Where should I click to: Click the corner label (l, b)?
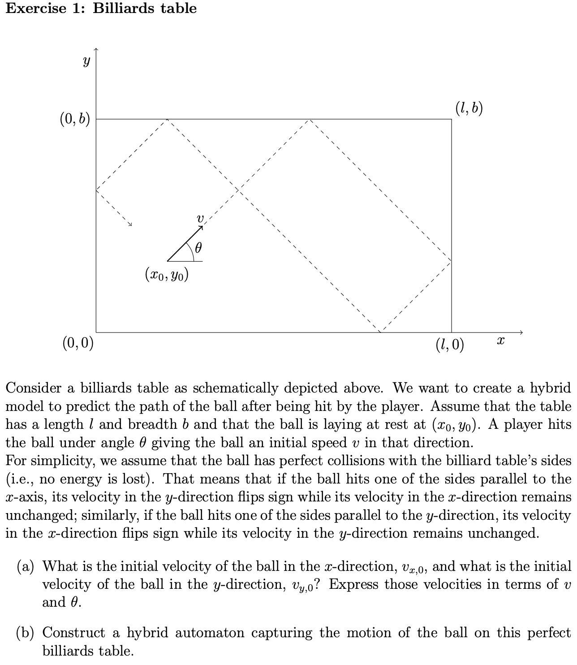[469, 108]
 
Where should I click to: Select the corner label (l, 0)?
[450, 345]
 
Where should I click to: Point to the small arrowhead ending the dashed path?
[130, 224]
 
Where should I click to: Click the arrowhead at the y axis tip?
[96, 49]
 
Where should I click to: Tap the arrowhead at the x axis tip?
[521, 332]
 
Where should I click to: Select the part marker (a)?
[26, 566]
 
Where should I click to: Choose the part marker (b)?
[26, 633]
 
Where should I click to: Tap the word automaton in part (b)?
[209, 633]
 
